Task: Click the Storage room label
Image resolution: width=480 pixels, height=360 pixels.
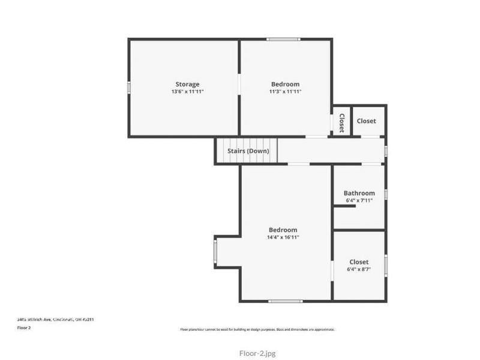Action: tap(187, 84)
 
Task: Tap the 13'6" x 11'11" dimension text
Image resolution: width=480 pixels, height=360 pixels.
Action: tap(187, 92)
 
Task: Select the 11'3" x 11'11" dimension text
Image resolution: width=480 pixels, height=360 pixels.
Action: tap(285, 92)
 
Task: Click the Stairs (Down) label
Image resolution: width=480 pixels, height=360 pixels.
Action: tap(248, 151)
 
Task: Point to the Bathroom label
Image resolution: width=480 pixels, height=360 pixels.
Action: tap(359, 193)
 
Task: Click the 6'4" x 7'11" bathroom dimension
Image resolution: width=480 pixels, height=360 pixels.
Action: tap(359, 200)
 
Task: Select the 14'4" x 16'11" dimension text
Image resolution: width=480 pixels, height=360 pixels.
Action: tap(283, 238)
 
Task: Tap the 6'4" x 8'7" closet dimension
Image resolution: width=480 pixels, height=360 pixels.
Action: tap(359, 269)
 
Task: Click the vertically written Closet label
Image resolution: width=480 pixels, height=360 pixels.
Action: tap(341, 122)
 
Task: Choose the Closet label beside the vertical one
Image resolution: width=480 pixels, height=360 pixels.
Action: tap(367, 121)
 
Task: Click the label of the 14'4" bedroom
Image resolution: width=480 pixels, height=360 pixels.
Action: tap(283, 230)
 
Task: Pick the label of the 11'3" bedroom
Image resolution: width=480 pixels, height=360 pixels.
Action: tap(285, 84)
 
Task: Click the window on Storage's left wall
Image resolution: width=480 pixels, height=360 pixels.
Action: tap(128, 88)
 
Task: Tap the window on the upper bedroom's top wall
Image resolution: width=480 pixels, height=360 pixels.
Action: tap(284, 40)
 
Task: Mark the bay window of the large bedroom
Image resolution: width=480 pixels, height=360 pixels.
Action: tap(215, 251)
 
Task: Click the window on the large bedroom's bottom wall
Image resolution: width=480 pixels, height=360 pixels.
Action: tap(286, 301)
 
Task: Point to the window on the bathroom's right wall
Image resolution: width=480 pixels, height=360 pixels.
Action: tap(386, 194)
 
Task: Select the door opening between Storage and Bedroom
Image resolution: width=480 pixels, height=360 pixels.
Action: tap(239, 83)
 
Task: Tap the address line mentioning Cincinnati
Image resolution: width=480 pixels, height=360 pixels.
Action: tap(55, 320)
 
